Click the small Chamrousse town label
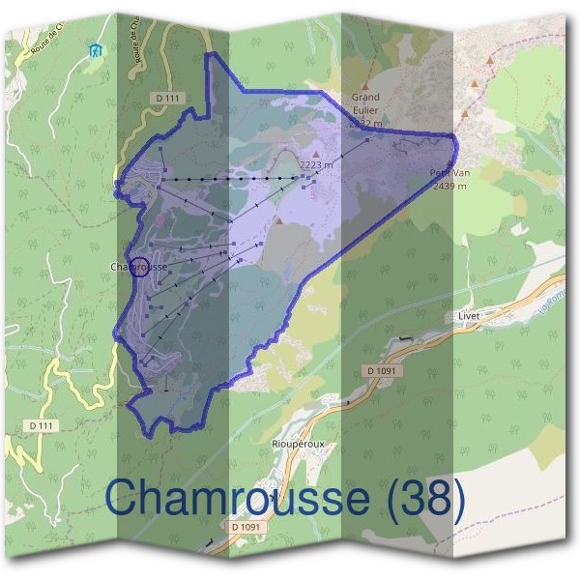(139, 266)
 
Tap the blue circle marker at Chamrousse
(138, 266)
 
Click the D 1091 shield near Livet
(384, 370)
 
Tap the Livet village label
(469, 316)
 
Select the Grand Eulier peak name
(365, 103)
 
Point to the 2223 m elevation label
(317, 165)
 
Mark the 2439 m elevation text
(449, 186)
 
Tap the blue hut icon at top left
(94, 49)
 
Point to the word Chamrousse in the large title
(236, 499)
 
